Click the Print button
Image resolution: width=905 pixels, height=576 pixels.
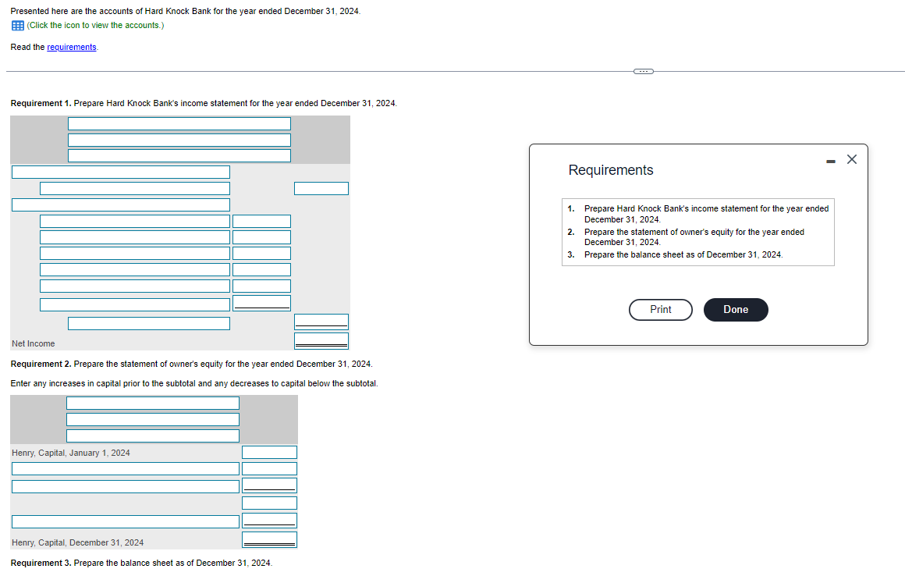660,310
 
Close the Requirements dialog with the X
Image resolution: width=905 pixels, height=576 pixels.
851,159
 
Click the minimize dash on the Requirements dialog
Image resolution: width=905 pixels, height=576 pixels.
830,161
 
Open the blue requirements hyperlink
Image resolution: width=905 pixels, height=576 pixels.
72,48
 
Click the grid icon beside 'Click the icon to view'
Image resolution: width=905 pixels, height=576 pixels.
17,26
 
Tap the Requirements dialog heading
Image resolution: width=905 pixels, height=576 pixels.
611,170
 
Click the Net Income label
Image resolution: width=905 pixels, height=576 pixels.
34,343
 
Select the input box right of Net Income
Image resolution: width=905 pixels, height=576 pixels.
321,341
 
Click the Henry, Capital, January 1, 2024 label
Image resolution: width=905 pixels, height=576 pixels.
71,453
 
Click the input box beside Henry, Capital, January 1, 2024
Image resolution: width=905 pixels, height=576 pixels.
269,453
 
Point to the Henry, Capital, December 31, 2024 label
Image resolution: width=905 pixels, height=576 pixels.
78,542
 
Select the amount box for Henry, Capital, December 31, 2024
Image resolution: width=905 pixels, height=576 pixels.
269,539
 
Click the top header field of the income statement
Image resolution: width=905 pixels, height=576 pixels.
179,123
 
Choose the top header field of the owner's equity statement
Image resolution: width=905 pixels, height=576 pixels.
152,403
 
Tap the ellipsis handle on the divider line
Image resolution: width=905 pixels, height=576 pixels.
643,72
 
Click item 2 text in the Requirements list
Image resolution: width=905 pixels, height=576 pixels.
694,237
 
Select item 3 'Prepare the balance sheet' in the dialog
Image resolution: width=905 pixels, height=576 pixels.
683,255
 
